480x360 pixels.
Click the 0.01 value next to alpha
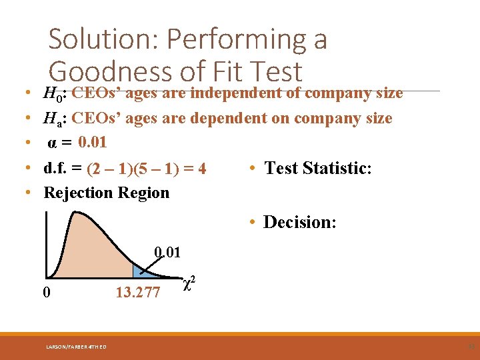pos(92,143)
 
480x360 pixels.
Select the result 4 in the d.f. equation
pos(201,169)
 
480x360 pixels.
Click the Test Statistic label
pos(318,168)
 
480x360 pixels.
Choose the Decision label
pos(299,222)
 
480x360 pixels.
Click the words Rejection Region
pos(106,193)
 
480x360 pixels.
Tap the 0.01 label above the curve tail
pos(167,252)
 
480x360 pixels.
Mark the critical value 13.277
pos(137,292)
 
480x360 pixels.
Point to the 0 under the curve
pos(45,292)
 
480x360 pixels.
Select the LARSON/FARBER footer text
pos(76,345)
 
